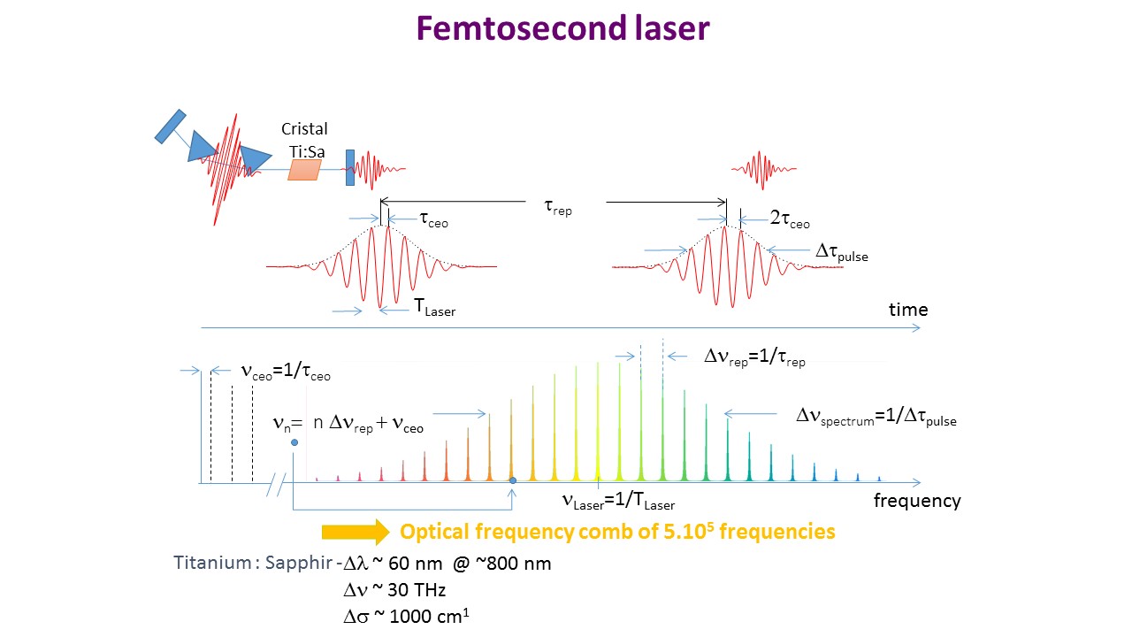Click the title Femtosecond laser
562,29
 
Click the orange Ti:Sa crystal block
303,170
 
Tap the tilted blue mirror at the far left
170,126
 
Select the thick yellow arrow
355,532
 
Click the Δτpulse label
841,253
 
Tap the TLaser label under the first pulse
435,307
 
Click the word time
908,310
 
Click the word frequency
917,501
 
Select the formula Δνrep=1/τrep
754,357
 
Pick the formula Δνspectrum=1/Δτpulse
876,417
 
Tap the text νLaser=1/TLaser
618,502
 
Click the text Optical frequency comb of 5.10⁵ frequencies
617,532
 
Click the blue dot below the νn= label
294,442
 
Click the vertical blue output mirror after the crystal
350,166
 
